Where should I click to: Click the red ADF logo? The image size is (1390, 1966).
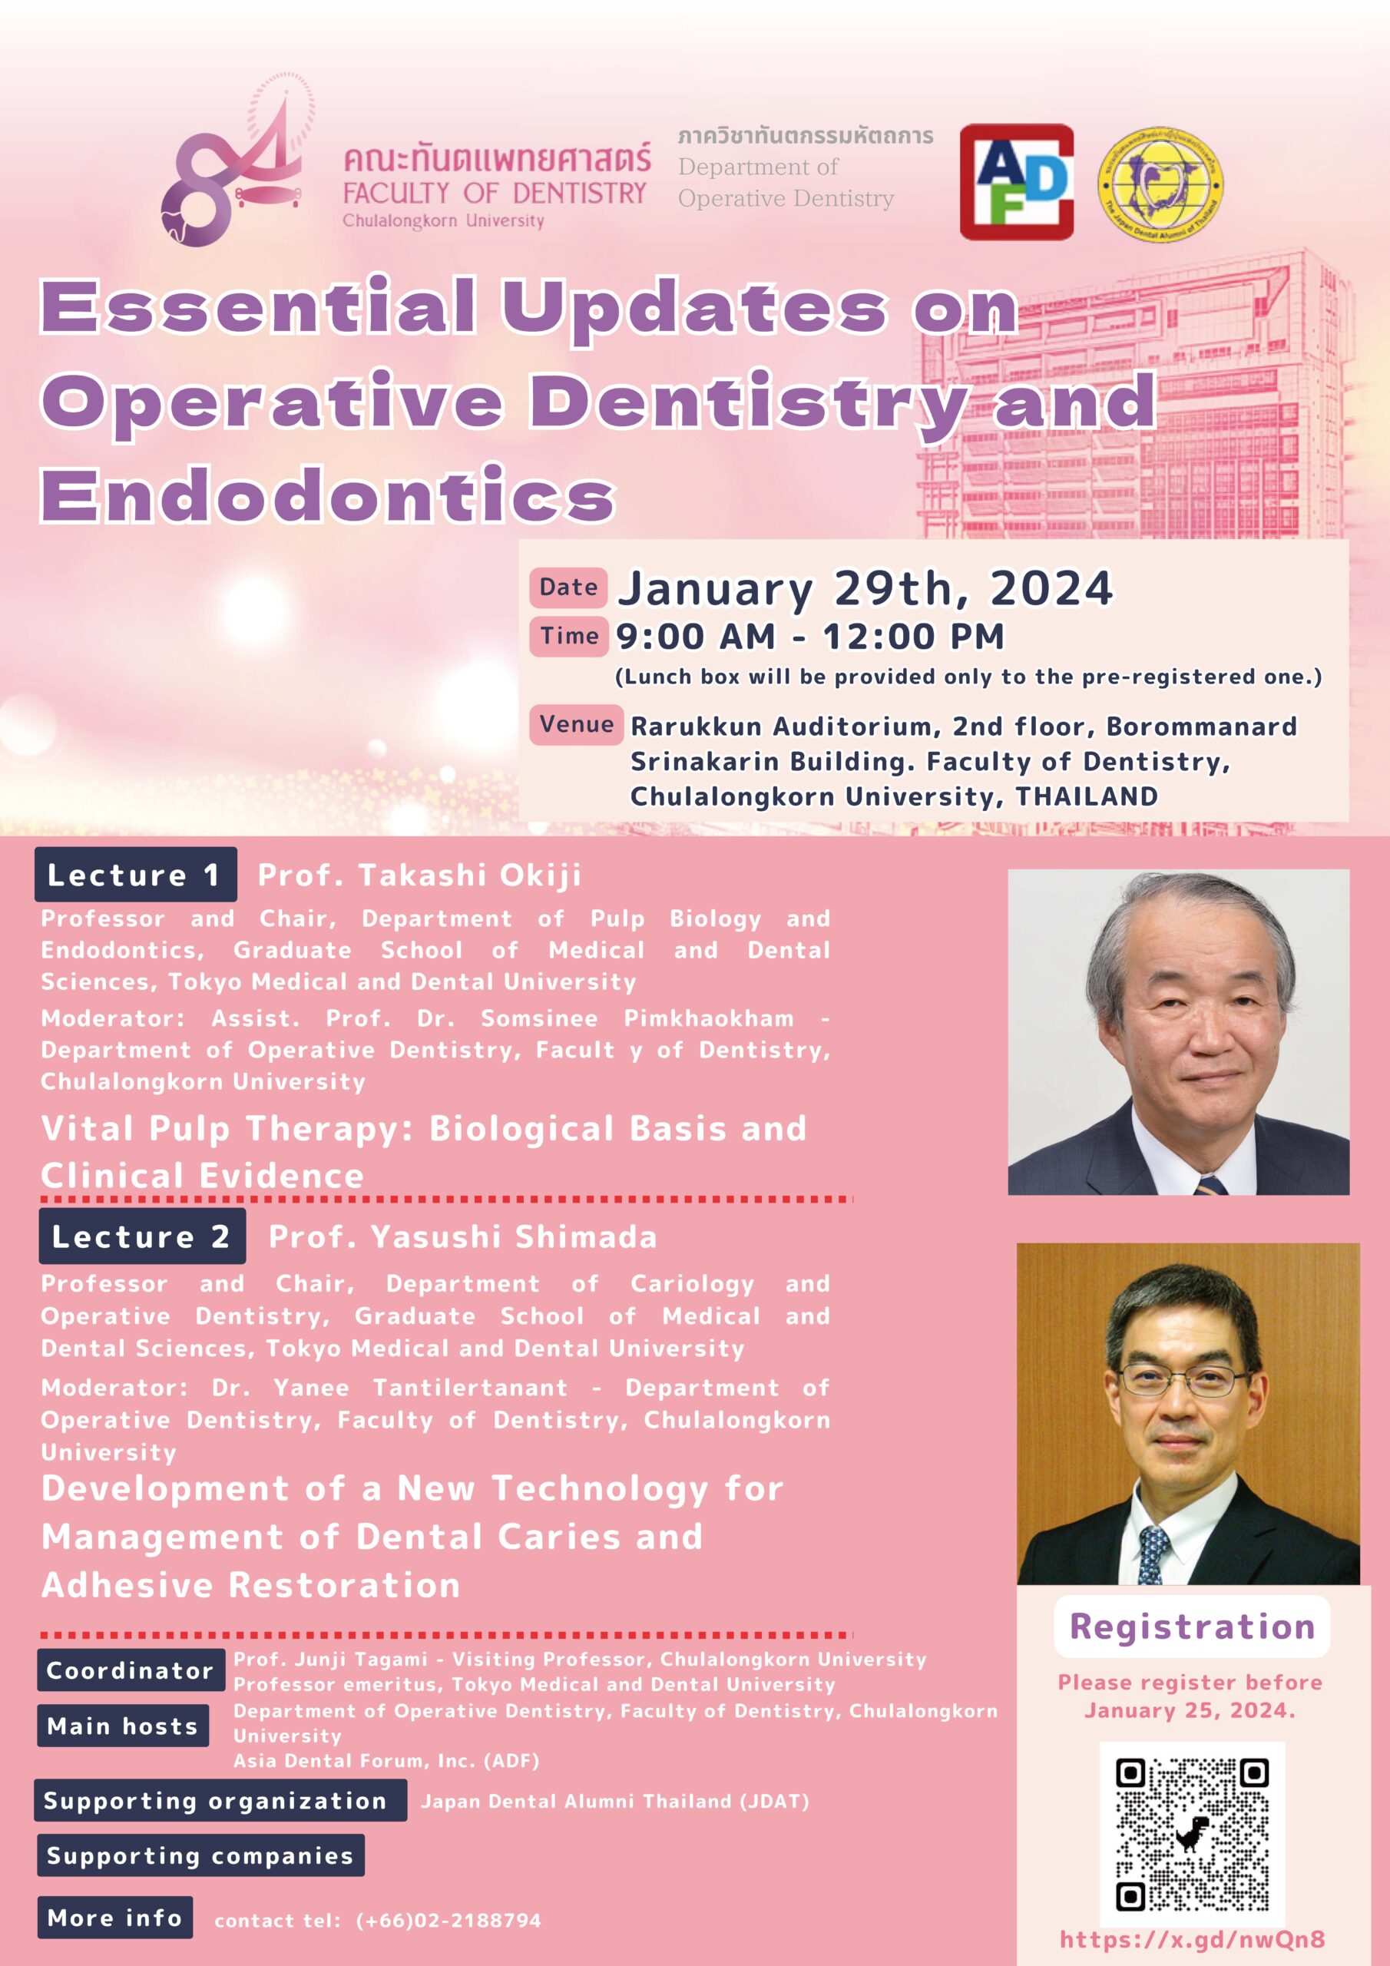(x=1016, y=181)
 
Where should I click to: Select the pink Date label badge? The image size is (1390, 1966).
(x=568, y=587)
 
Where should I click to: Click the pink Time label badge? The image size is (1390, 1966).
(x=568, y=636)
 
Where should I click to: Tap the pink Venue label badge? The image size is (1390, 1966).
(x=577, y=724)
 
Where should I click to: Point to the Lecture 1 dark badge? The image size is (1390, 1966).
(x=135, y=874)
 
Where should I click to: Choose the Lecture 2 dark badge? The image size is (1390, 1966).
(x=141, y=1236)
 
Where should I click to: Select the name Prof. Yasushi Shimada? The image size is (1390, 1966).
(x=462, y=1236)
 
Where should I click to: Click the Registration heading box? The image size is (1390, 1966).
(x=1191, y=1626)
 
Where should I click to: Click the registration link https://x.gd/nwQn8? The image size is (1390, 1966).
(x=1192, y=1939)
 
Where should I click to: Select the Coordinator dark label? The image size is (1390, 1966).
(x=131, y=1670)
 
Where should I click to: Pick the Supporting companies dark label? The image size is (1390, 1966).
(x=200, y=1855)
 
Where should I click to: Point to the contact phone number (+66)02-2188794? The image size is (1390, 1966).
(x=448, y=1921)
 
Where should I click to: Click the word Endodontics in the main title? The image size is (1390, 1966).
(x=328, y=495)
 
